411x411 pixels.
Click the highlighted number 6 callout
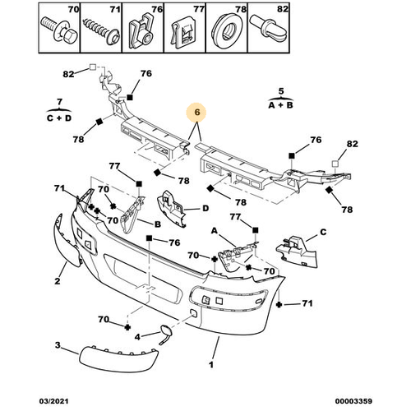[196, 112]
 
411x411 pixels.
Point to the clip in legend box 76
[141, 31]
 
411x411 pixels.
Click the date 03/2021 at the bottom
[53, 401]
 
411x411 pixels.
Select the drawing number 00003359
[353, 401]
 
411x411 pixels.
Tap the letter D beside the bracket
[205, 209]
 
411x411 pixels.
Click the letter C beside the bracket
[323, 232]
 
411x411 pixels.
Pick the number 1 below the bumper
[211, 365]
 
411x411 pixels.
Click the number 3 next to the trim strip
[58, 344]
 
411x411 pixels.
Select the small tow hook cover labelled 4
[164, 332]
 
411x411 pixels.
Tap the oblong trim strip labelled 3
[118, 358]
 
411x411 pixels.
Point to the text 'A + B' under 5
[280, 105]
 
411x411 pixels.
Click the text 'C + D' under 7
[59, 118]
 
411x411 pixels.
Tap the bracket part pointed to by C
[298, 252]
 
